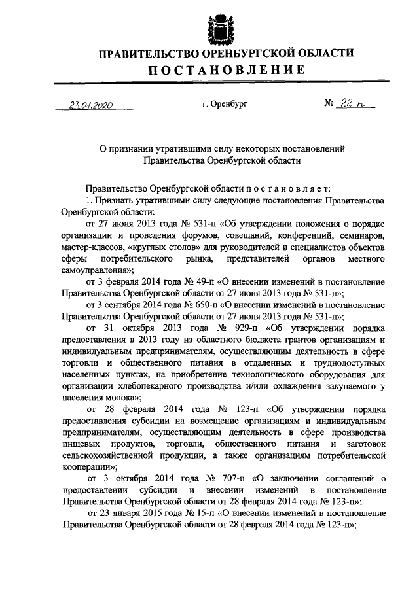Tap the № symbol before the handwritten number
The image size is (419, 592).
[330, 104]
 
